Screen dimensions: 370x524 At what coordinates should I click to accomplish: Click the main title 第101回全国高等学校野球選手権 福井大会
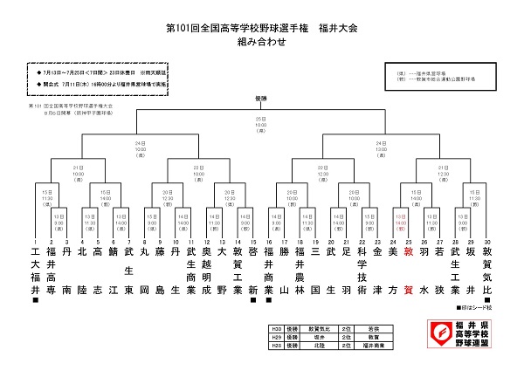click(262, 29)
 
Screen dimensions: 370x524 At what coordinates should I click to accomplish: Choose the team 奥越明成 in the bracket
click(207, 270)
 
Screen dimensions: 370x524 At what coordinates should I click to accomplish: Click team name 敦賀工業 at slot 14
click(238, 270)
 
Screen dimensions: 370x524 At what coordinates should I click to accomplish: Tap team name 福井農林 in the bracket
click(300, 270)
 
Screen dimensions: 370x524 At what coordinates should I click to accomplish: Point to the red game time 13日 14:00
click(400, 223)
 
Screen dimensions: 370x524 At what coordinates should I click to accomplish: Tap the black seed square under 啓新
click(253, 300)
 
